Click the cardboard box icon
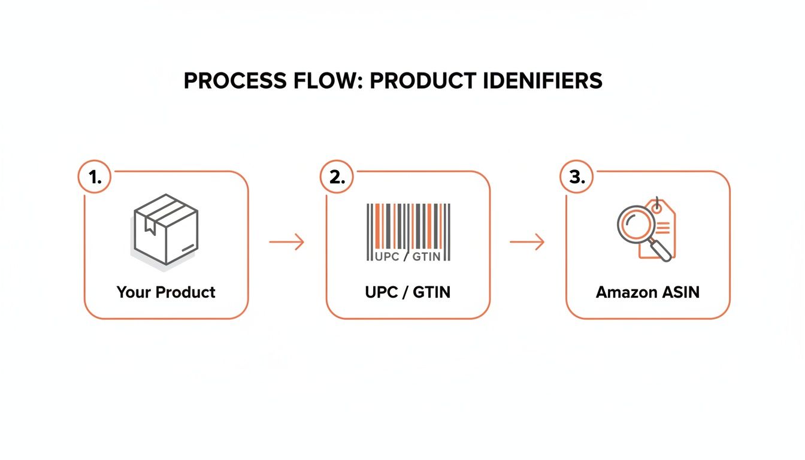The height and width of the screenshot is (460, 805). click(x=166, y=229)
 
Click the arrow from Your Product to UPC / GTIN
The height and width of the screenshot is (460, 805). click(x=286, y=242)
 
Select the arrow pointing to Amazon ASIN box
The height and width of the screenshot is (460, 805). click(x=526, y=242)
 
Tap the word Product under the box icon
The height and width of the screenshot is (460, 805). click(x=186, y=292)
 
